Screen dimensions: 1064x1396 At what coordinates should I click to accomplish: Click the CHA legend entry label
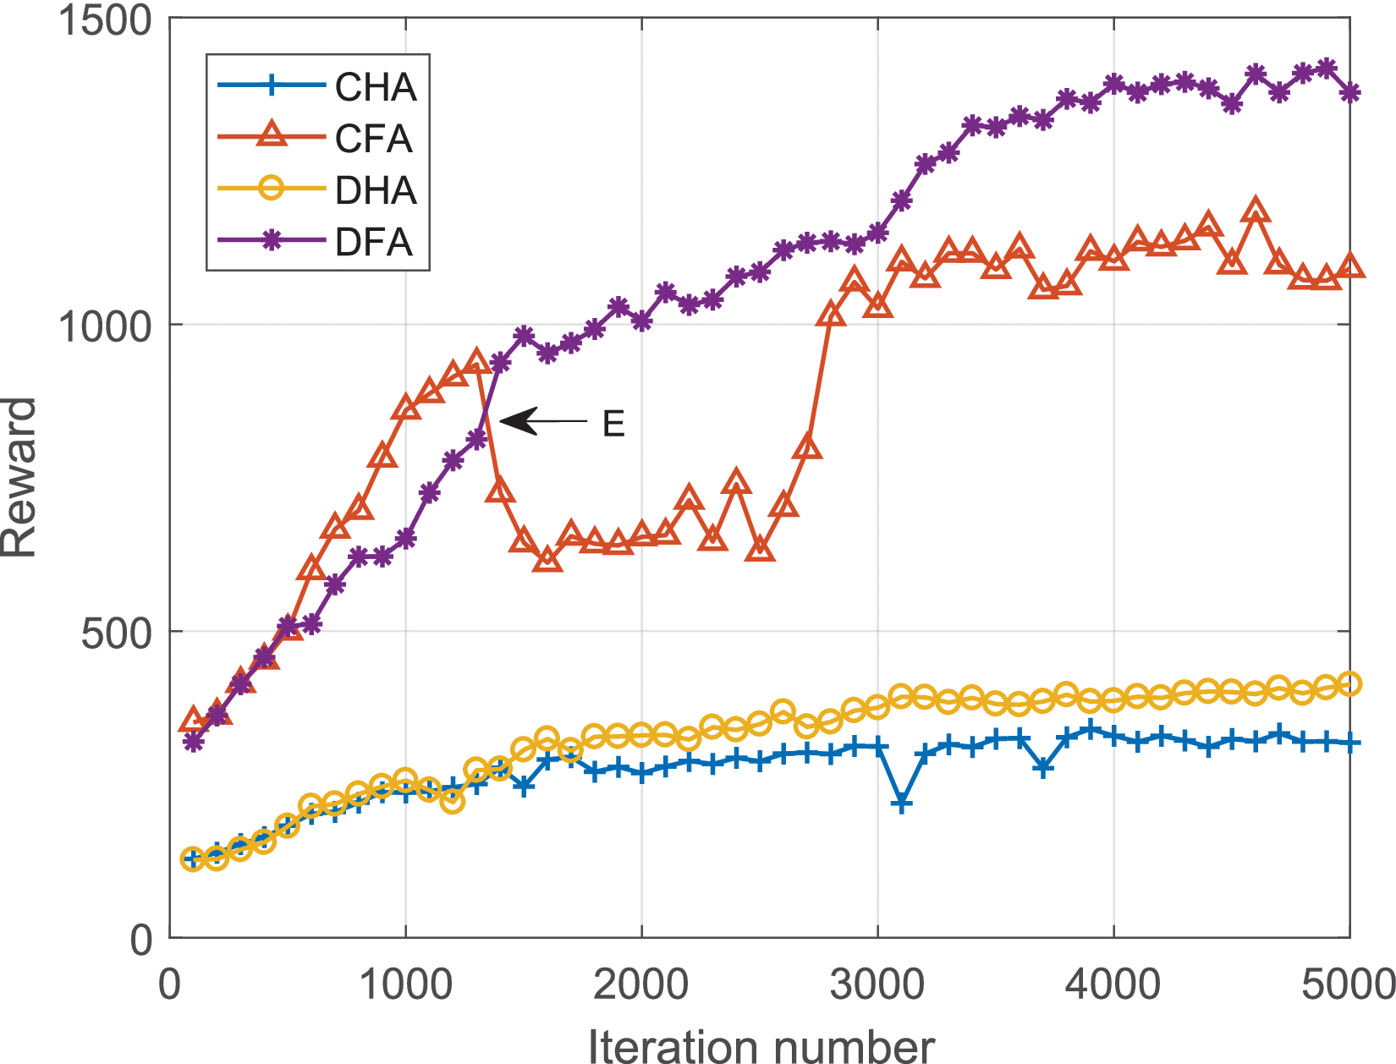(375, 87)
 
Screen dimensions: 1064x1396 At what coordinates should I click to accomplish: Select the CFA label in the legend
(373, 139)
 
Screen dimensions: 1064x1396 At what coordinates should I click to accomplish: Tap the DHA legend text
(375, 190)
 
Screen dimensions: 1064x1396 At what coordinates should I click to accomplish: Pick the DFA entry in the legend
(373, 242)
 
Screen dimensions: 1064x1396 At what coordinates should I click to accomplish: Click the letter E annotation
(613, 424)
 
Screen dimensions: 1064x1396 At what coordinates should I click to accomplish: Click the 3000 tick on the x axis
(878, 986)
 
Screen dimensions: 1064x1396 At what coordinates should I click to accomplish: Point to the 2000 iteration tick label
(641, 986)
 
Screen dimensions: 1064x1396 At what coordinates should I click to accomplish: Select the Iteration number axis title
(761, 1045)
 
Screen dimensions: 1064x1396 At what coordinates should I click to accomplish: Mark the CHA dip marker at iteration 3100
(902, 803)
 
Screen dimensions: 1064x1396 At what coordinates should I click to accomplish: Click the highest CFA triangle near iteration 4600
(1256, 211)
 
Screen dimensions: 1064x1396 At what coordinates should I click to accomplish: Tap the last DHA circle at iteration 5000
(1349, 683)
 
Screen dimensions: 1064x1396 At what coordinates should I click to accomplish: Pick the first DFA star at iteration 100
(194, 742)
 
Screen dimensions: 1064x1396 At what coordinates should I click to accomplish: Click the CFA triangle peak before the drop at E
(476, 362)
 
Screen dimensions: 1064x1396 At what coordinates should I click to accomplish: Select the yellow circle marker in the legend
(270, 189)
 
